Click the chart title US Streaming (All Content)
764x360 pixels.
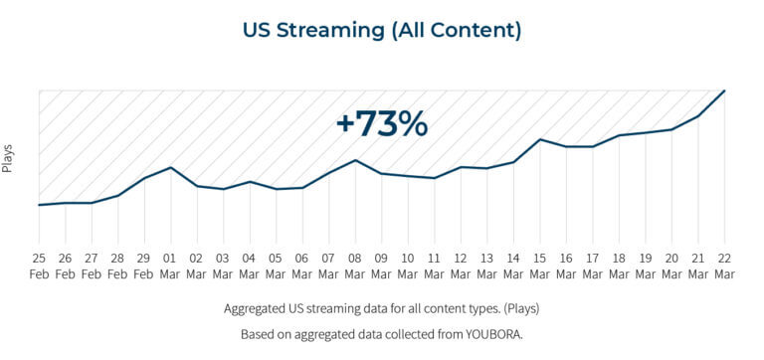pyautogui.click(x=382, y=30)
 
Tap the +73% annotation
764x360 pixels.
pyautogui.click(x=381, y=124)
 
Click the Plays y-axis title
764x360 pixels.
pyautogui.click(x=8, y=158)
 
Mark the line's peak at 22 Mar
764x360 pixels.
pyautogui.click(x=724, y=90)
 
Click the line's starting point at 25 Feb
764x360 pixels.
pyautogui.click(x=39, y=205)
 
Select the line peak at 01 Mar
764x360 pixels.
pyautogui.click(x=170, y=167)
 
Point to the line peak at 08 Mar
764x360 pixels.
pyautogui.click(x=355, y=160)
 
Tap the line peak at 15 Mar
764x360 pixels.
pyautogui.click(x=539, y=139)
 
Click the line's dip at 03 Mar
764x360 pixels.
pyautogui.click(x=223, y=189)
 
